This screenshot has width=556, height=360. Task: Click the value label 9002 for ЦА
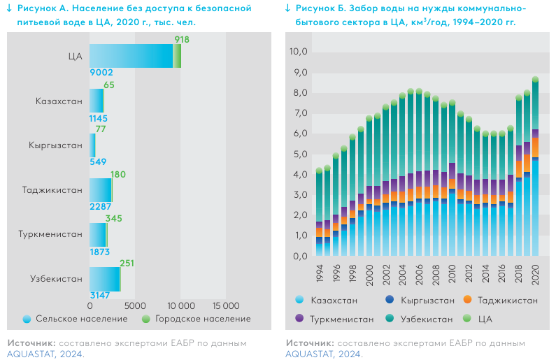[101, 72]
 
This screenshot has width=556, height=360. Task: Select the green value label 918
[182, 39]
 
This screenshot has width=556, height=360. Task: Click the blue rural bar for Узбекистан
[104, 279]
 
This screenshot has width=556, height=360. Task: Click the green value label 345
[113, 219]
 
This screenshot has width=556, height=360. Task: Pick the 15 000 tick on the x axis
[226, 305]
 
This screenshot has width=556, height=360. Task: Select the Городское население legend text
[202, 319]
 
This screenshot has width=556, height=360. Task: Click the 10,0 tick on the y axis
[299, 51]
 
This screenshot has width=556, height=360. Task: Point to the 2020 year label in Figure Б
[536, 274]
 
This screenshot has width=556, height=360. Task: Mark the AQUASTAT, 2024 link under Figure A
[45, 354]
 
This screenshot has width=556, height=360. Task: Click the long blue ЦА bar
[131, 56]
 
